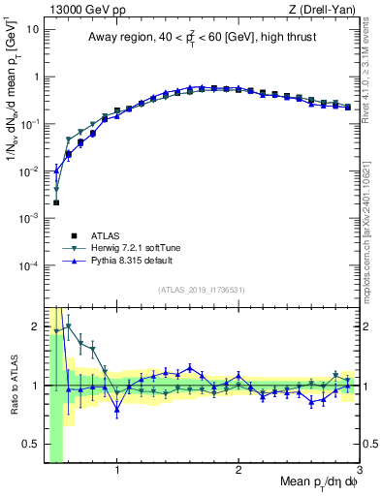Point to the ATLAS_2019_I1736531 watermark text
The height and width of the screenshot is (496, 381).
pos(208,290)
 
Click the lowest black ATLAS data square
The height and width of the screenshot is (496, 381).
pos(56,202)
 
